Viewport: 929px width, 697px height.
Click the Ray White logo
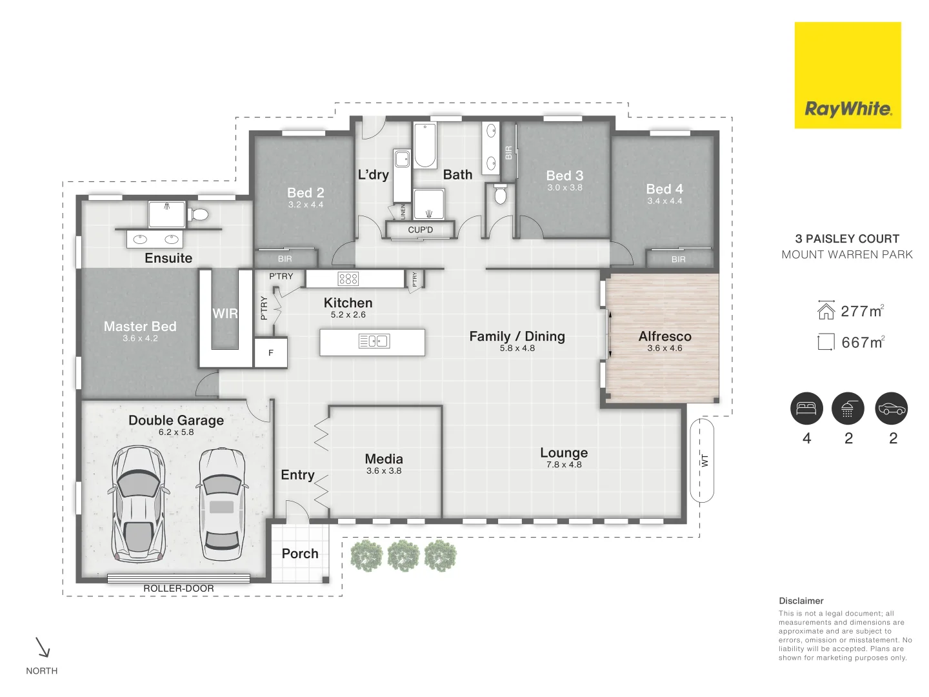coord(847,76)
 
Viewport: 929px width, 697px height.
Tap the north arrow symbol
coord(43,647)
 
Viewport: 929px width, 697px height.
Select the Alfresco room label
coord(664,336)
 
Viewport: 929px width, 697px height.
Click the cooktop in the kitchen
coord(348,279)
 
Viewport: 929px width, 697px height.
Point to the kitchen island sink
coord(374,341)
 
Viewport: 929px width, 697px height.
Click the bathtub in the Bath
coord(425,145)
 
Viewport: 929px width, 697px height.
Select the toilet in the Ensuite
coord(199,214)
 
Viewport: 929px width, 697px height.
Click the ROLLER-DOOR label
coord(179,589)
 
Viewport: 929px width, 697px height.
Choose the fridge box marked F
coord(271,353)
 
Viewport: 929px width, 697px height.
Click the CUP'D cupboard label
coord(421,230)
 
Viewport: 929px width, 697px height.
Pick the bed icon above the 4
coord(806,409)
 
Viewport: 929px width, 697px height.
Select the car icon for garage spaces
coord(891,409)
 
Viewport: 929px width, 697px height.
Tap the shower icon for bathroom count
coord(847,409)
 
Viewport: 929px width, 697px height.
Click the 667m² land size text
coord(863,343)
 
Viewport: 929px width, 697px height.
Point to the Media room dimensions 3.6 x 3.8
coord(384,471)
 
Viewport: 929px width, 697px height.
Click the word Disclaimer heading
coord(801,601)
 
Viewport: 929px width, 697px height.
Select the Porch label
coord(300,554)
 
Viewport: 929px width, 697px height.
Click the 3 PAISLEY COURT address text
coord(847,239)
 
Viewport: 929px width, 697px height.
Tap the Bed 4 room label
coord(664,189)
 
